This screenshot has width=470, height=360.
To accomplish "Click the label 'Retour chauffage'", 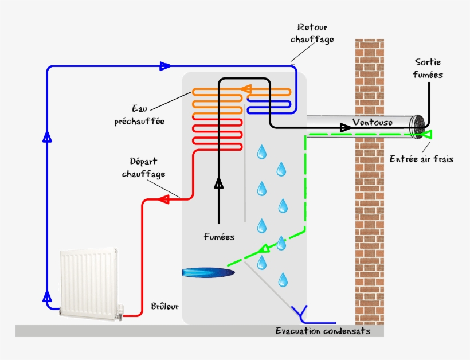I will [x=312, y=33].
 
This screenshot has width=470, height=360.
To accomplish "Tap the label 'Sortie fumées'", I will [x=428, y=68].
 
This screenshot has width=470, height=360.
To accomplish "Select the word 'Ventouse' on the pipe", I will [x=373, y=123].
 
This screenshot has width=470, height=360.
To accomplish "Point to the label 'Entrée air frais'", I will [x=421, y=159].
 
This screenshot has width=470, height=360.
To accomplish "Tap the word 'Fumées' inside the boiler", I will [x=219, y=236].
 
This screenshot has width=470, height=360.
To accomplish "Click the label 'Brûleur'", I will [x=164, y=306].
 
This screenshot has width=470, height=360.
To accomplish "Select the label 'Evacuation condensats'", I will [x=323, y=331].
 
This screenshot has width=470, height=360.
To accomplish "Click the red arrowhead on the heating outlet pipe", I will [x=163, y=199].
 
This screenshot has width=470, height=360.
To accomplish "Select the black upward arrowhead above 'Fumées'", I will [x=218, y=183].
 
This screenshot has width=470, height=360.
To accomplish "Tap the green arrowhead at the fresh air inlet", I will [x=427, y=135].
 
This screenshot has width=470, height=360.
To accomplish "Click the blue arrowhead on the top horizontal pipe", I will [x=165, y=66].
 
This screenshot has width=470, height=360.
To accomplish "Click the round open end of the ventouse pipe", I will [x=420, y=127].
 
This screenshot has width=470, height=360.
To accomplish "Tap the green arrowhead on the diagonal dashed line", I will [x=265, y=249].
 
